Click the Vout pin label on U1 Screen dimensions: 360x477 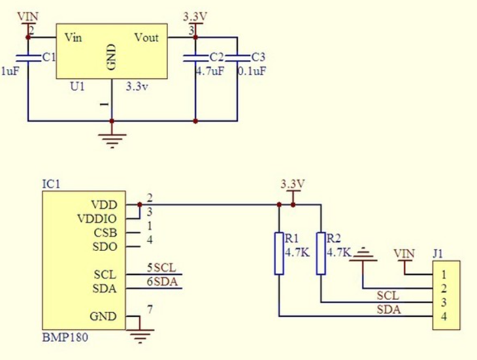tap(146, 38)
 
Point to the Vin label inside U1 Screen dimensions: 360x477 tap(73, 38)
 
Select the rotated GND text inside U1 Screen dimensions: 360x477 tap(112, 57)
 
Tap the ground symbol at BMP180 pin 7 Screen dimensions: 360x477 tap(139, 335)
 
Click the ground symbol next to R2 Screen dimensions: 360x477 tap(363, 257)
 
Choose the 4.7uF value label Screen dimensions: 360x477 tap(210, 71)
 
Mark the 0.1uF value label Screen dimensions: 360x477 tap(252, 71)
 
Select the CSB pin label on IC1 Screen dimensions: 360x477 tap(105, 233)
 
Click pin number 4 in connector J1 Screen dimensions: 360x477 tap(444, 317)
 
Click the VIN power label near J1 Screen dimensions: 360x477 tap(404, 252)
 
